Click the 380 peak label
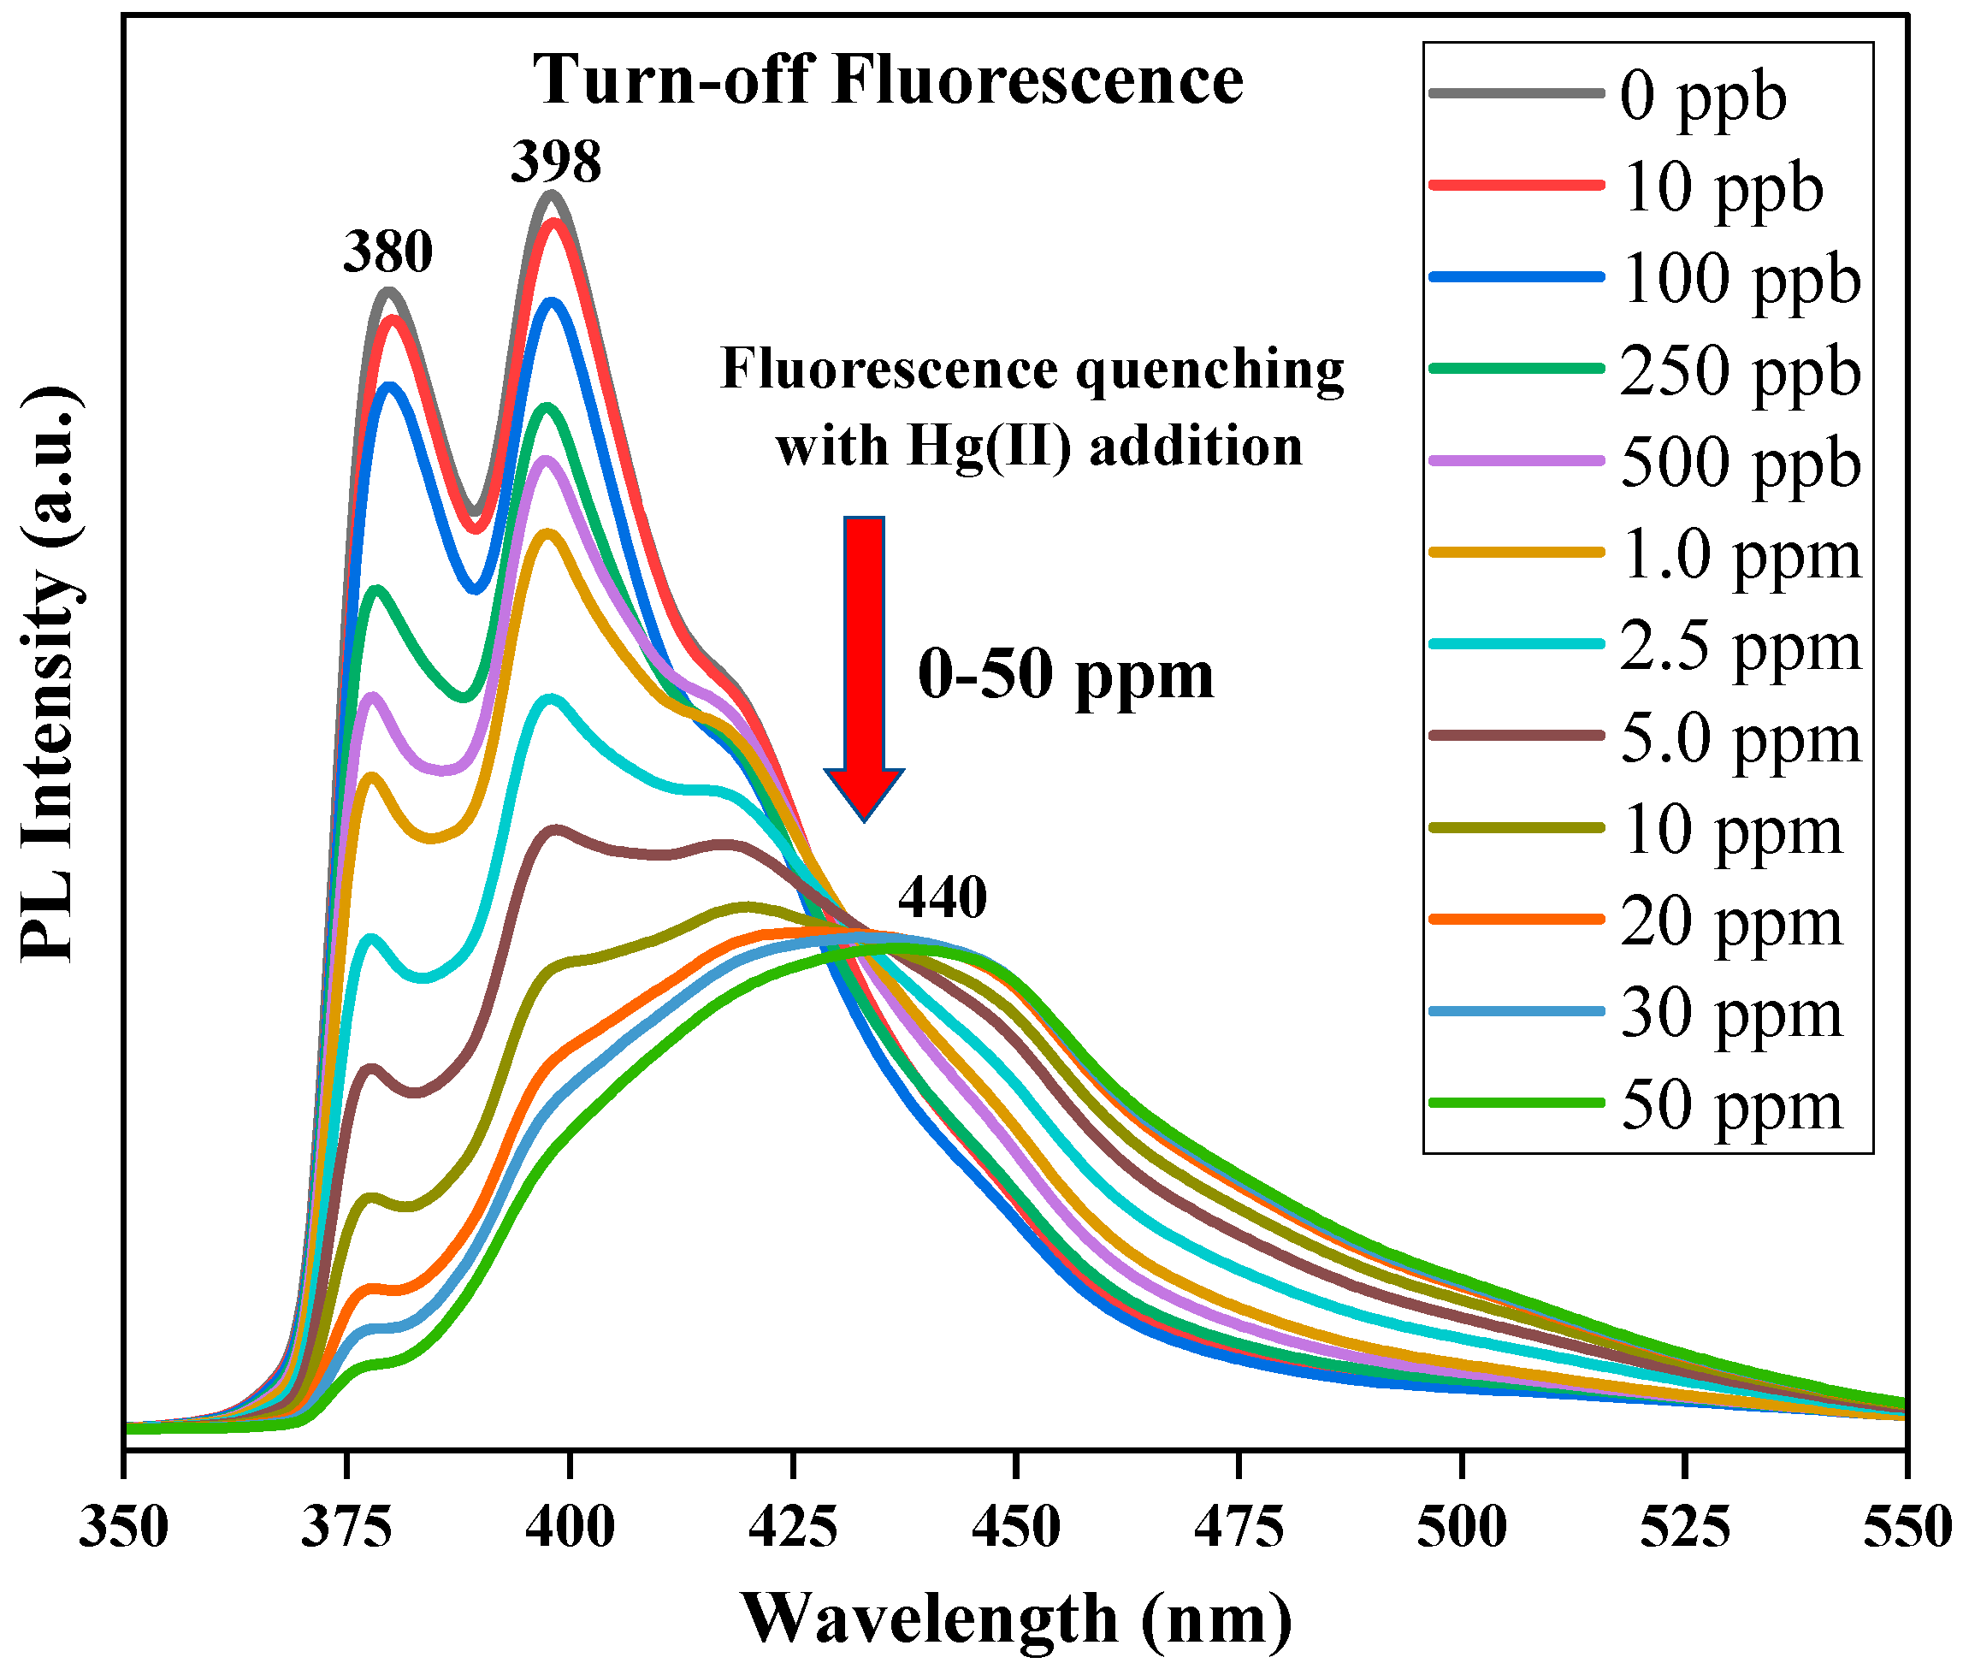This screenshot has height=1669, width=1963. [x=387, y=252]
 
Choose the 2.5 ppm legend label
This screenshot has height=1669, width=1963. [x=1739, y=648]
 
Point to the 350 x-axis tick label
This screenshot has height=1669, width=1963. [x=124, y=1528]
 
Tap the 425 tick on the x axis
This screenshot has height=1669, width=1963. [x=793, y=1528]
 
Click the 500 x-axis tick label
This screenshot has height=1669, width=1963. [x=1462, y=1528]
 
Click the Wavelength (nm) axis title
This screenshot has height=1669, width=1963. [x=1016, y=1619]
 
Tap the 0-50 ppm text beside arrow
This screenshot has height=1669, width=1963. [x=1065, y=676]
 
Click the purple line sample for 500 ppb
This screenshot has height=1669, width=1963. [x=1516, y=462]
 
